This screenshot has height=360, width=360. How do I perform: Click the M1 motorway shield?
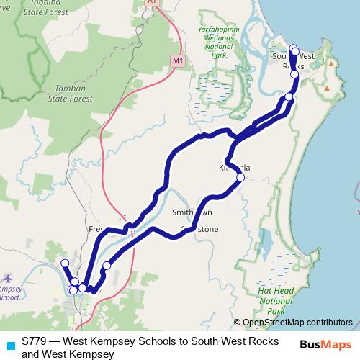click(178, 61)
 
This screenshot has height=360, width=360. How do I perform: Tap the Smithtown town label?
click(192, 213)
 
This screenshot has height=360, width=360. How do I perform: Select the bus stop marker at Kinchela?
click(240, 177)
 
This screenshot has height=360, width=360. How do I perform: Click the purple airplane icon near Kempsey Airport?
click(8, 278)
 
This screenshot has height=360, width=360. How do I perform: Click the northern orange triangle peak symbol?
click(330, 63)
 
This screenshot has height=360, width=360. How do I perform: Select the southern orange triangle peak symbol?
click(328, 89)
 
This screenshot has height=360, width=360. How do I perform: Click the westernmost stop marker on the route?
click(65, 264)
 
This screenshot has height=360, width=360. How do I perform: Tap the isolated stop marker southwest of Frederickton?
click(107, 266)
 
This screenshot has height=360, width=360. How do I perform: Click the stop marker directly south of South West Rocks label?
click(294, 74)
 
